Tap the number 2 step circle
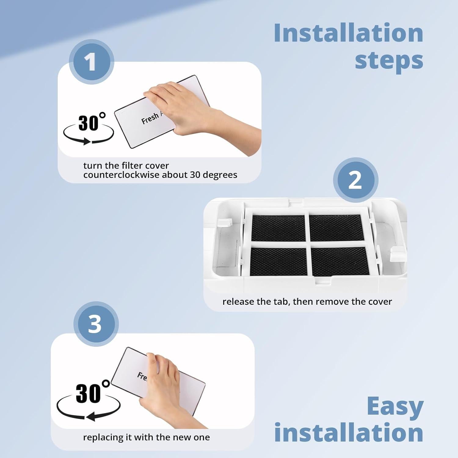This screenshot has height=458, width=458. pos(355,180)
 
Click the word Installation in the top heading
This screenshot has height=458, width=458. pos(348,33)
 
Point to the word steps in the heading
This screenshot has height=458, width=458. pos(389,61)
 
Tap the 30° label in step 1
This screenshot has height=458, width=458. pos(92,122)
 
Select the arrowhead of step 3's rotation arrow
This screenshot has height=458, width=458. pos(91,416)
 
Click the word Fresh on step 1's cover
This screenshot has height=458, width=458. pos(150,118)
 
